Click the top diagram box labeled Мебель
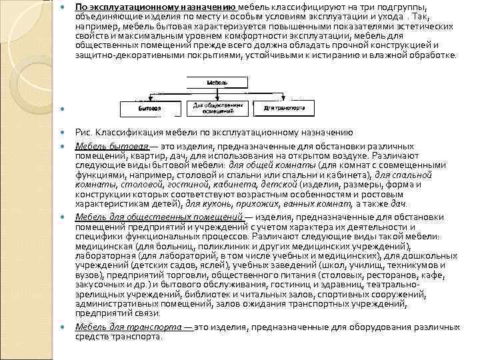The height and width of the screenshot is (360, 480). pos(217,81)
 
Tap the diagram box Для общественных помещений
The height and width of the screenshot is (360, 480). pos(217,107)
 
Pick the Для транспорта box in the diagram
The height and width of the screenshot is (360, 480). pos(284,107)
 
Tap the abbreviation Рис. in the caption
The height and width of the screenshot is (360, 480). pos(83,133)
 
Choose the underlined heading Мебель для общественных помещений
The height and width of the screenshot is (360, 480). pos(159,217)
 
